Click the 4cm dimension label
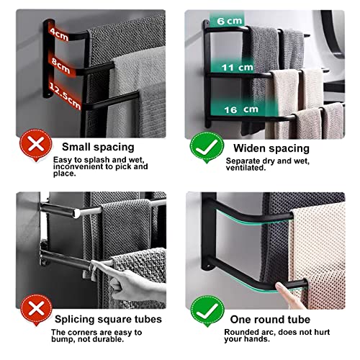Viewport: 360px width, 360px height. point(59,34)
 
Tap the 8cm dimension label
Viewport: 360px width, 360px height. point(61,66)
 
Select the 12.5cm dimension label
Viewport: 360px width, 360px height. point(65,95)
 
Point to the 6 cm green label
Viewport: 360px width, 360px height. point(230,21)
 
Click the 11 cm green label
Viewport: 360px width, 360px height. point(238,68)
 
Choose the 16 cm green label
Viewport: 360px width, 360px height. point(241,109)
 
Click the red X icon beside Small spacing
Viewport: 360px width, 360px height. point(36,145)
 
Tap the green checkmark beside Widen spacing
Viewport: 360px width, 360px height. point(207,147)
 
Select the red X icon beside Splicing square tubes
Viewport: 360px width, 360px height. point(36,310)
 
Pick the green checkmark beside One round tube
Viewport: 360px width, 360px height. point(207,311)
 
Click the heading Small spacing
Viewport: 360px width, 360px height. point(98,147)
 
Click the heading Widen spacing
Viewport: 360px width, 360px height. point(271,148)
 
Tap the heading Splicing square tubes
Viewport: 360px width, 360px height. point(108,320)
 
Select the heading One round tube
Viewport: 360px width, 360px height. point(270,320)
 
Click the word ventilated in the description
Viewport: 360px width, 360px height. point(246,168)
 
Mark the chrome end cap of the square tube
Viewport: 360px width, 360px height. point(77,213)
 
